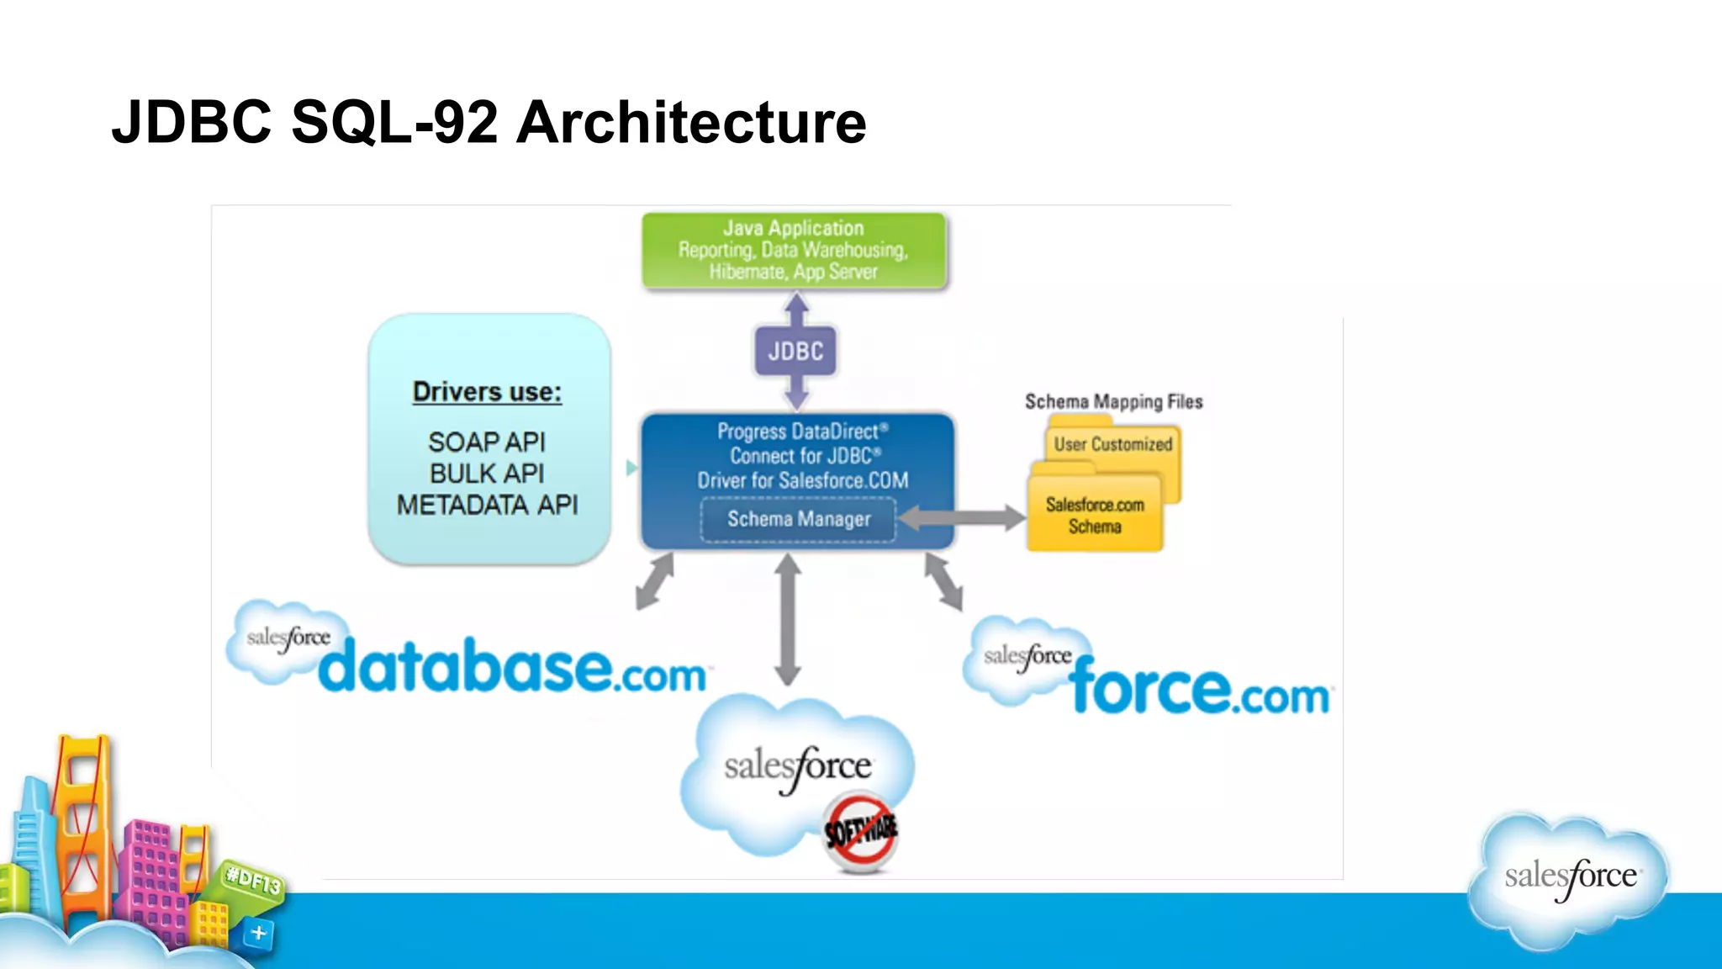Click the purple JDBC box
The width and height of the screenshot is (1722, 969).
[795, 351]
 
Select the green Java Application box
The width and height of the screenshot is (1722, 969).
[794, 250]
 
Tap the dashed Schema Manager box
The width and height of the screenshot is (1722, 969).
[798, 519]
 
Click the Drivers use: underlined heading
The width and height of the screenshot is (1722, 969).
[487, 392]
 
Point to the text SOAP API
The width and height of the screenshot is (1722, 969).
[487, 442]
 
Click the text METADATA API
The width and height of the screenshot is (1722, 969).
[487, 505]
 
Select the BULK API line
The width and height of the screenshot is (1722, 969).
[487, 474]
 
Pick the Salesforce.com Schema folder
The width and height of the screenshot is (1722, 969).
[1094, 516]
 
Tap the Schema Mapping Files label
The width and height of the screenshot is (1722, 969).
[1113, 402]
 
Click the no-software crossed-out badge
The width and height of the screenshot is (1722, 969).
[859, 831]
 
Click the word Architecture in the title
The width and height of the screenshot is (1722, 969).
[690, 123]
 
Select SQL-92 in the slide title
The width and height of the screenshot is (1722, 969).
[394, 123]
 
